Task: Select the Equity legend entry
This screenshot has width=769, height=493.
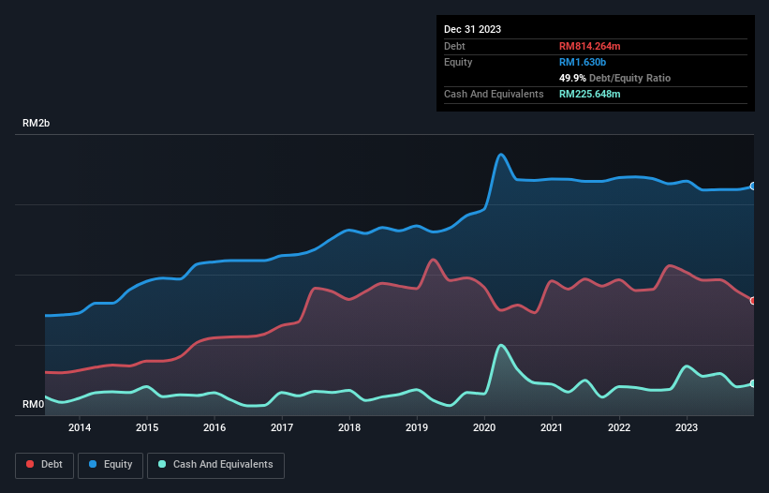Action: tap(111, 464)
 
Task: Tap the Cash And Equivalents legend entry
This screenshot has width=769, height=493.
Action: tap(215, 464)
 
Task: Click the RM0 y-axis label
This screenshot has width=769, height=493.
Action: tap(33, 405)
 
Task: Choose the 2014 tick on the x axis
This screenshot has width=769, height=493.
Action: tap(80, 428)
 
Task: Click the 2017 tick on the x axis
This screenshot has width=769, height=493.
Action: tap(282, 428)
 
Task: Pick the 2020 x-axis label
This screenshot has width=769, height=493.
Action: tap(484, 428)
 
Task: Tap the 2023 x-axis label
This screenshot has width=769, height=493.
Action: tap(687, 428)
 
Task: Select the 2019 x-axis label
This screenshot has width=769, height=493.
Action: tap(417, 428)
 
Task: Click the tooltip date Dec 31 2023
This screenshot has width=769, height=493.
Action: tap(472, 29)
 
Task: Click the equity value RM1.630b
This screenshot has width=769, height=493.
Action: tap(583, 62)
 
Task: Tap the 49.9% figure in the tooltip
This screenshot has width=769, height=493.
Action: tap(574, 78)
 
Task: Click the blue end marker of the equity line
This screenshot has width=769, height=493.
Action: tap(753, 187)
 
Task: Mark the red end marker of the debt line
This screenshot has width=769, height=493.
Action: tap(753, 301)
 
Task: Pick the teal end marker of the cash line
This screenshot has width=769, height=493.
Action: tap(753, 383)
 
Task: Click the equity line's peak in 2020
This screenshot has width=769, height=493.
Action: tap(501, 154)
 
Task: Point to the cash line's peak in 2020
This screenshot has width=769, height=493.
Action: tap(501, 345)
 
